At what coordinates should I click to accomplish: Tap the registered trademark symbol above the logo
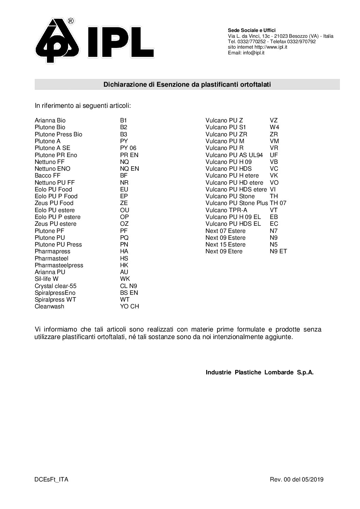click(x=71, y=21)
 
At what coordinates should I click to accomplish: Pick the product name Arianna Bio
click(x=50, y=120)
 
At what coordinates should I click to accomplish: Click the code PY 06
click(x=128, y=148)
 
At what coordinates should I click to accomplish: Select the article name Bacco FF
click(x=48, y=175)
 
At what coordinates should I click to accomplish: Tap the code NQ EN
click(x=129, y=169)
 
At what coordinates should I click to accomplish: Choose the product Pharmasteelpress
click(x=59, y=265)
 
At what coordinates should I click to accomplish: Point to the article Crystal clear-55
click(x=55, y=286)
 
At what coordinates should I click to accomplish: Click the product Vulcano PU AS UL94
click(x=234, y=155)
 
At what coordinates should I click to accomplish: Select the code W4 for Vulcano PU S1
click(x=274, y=127)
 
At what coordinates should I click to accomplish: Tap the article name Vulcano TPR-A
click(x=226, y=210)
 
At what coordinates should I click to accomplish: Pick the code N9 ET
click(x=278, y=251)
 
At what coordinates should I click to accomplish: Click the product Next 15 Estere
click(x=225, y=244)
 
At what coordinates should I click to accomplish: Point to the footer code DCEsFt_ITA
click(x=51, y=480)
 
